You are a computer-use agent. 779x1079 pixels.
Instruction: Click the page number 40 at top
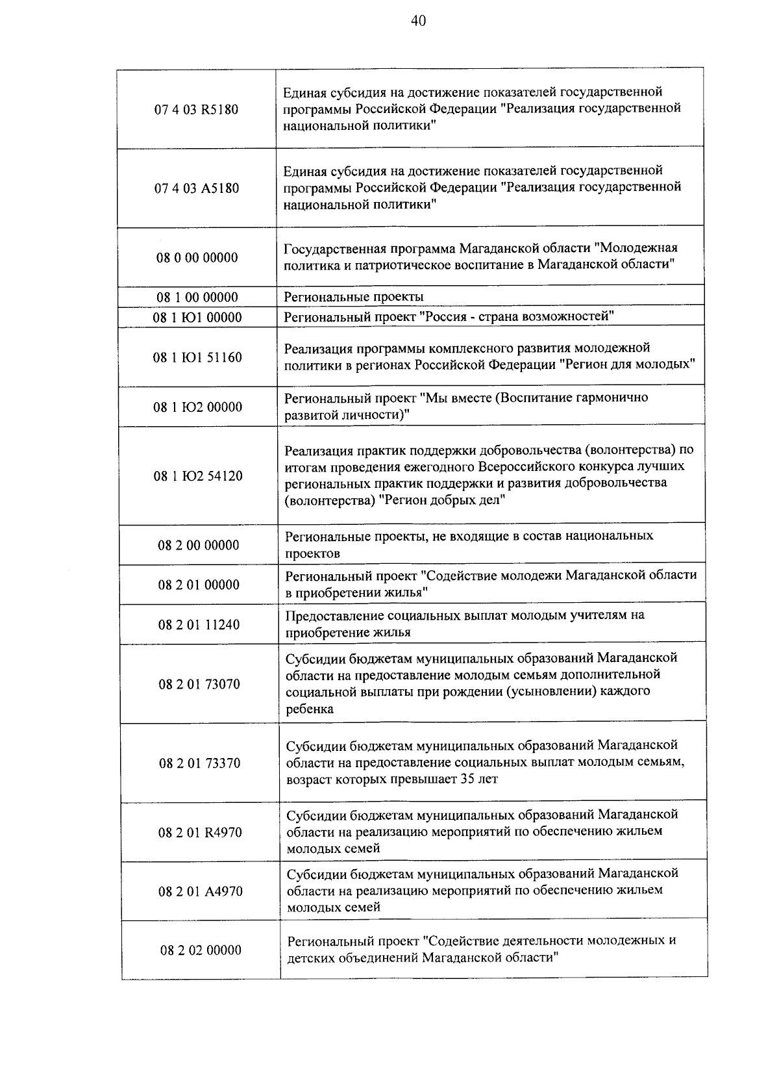[x=418, y=21]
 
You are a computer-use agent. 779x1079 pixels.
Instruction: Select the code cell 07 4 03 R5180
[x=196, y=109]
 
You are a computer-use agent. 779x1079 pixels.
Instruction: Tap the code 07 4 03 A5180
[x=196, y=188]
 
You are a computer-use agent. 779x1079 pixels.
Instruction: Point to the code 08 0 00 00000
[x=197, y=257]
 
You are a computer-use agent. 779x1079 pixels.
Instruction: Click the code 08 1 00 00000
[x=197, y=298]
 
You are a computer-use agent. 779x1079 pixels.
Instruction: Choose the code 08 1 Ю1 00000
[x=197, y=318]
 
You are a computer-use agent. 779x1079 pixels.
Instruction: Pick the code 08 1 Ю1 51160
[x=197, y=357]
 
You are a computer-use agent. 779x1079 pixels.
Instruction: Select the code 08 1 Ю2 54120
[x=197, y=476]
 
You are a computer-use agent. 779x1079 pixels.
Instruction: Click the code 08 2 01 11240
[x=199, y=625]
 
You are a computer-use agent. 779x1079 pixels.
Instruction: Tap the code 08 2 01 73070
[x=199, y=684]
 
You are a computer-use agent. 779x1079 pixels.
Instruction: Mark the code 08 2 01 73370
[x=199, y=763]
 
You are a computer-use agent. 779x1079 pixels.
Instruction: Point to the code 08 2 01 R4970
[x=200, y=833]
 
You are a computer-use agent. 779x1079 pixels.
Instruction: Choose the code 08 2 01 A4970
[x=200, y=891]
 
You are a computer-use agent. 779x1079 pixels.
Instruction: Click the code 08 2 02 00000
[x=201, y=950]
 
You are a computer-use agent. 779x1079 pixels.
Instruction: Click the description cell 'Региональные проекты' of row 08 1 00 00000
[x=354, y=297]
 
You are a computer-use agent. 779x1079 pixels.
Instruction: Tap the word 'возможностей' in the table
[x=570, y=316]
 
